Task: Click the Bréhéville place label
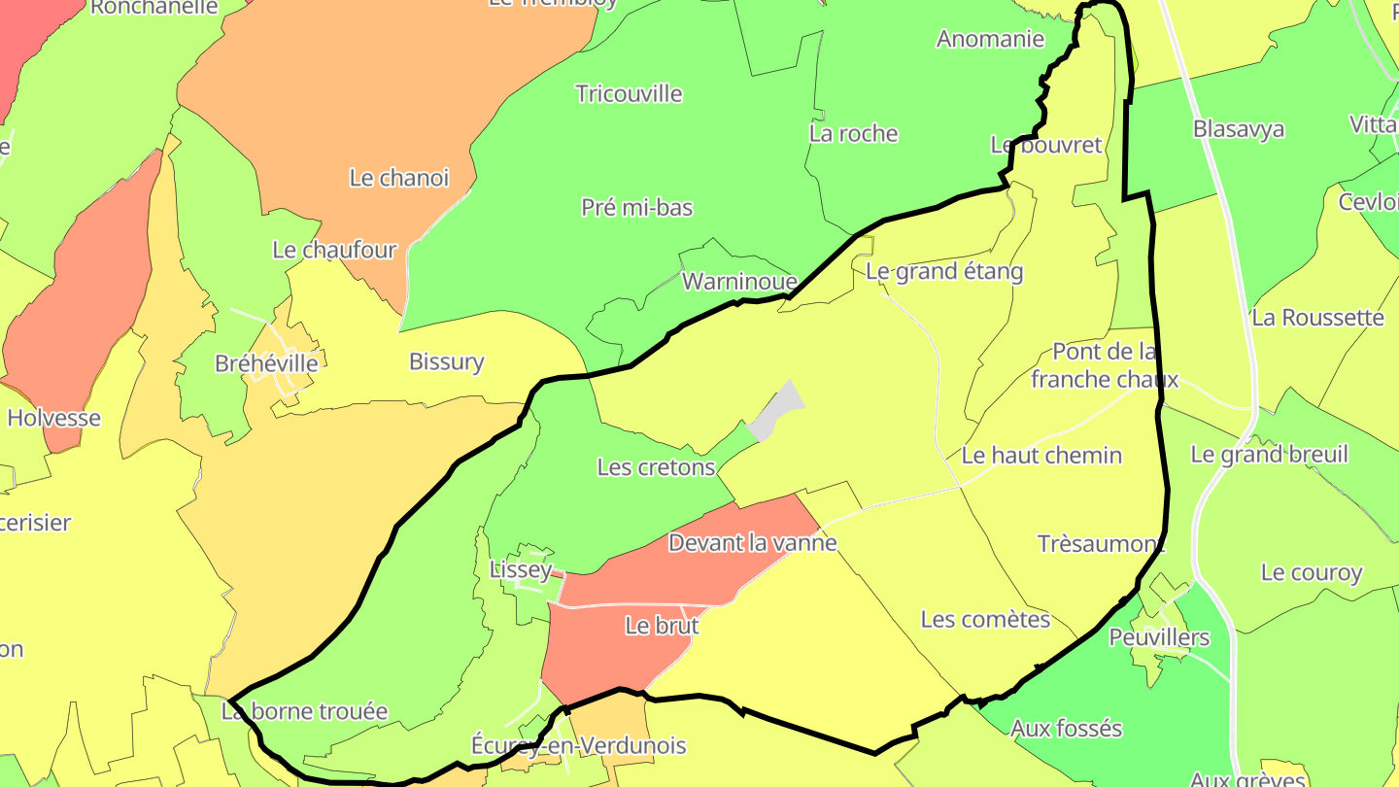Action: click(266, 363)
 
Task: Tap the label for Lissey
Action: click(521, 569)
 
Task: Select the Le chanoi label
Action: click(399, 178)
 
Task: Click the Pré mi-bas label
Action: click(637, 207)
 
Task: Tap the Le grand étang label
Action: click(944, 271)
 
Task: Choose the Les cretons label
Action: click(657, 467)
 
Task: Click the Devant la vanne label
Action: click(753, 542)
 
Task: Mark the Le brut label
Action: click(663, 626)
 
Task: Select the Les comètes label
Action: click(986, 619)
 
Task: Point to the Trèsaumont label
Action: click(1101, 543)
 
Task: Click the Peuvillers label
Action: click(1160, 637)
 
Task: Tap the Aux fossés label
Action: click(1067, 728)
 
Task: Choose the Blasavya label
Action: click(1239, 129)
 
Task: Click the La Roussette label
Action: click(1318, 318)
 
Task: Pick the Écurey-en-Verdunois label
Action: click(579, 745)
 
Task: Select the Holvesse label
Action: click(54, 418)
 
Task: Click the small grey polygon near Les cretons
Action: click(777, 411)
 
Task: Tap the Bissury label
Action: click(447, 361)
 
